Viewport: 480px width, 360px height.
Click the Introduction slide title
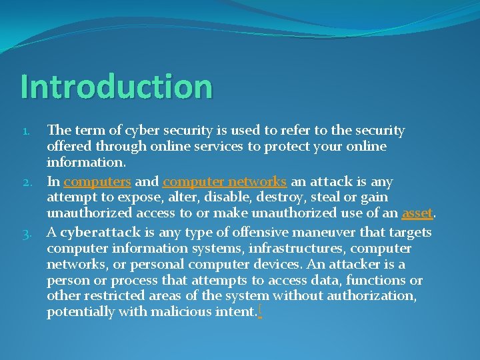[x=116, y=87]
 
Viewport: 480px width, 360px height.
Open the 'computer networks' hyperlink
[x=225, y=181]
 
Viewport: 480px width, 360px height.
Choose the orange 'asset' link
[x=417, y=213]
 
